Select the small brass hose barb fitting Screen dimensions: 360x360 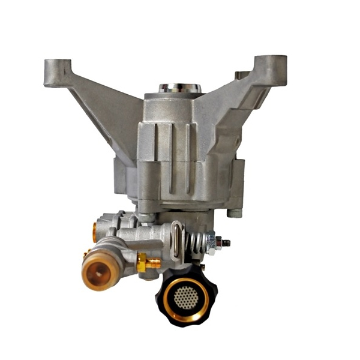pyautogui.click(x=154, y=262)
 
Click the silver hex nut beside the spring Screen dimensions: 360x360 pyautogui.click(x=211, y=242)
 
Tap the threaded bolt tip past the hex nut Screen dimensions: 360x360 pyautogui.click(x=227, y=242)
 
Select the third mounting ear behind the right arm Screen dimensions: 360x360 pyautogui.click(x=243, y=76)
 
